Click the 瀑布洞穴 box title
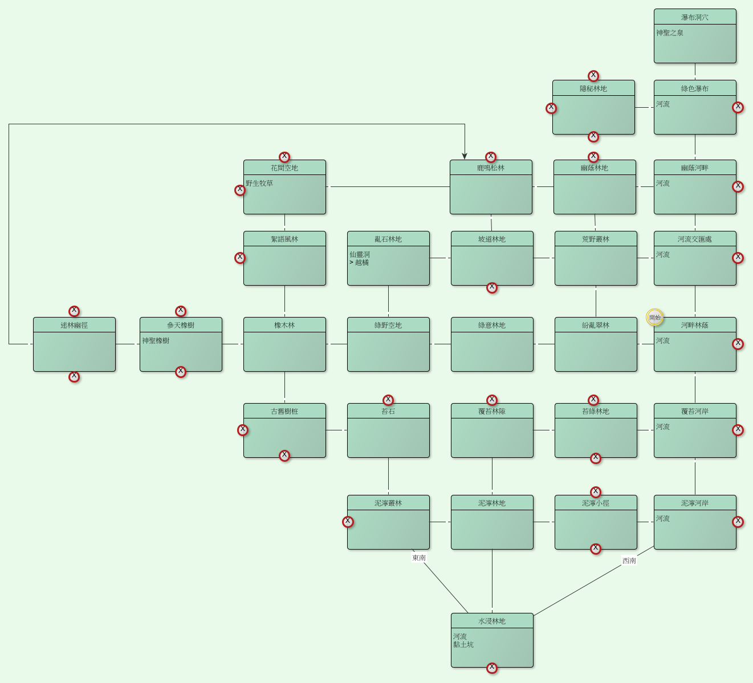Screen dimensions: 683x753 coord(695,18)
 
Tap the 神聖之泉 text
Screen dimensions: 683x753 coord(670,33)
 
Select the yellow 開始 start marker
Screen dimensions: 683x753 coord(655,318)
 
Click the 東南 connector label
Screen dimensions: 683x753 coord(419,558)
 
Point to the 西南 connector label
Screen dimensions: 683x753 coord(629,560)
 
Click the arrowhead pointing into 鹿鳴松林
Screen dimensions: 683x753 coord(465,156)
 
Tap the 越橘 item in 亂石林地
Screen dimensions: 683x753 coord(362,263)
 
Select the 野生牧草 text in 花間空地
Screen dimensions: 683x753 coord(259,184)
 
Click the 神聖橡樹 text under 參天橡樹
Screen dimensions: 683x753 coord(156,341)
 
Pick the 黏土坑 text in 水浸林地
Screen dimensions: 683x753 coord(463,645)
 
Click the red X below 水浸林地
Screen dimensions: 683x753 coord(492,668)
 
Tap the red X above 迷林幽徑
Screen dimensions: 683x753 coord(74,311)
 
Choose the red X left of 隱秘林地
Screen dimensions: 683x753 coord(551,108)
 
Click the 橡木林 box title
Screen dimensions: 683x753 coord(284,326)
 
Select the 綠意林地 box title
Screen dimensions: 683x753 coord(492,326)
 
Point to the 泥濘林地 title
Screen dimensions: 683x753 coord(492,503)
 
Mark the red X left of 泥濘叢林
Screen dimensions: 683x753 coord(348,522)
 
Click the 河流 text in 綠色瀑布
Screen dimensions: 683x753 coord(663,104)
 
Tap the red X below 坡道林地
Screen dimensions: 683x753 coord(492,287)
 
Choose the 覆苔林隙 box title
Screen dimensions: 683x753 coord(492,412)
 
